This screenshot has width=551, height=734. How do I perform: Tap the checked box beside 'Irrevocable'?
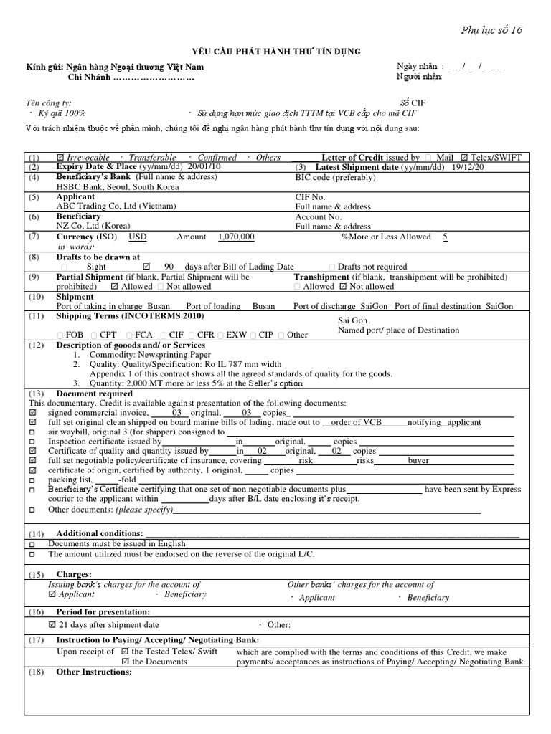[60, 158]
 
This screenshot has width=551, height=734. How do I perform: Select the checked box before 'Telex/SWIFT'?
[464, 158]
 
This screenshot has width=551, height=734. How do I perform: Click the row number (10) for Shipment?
[35, 297]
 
